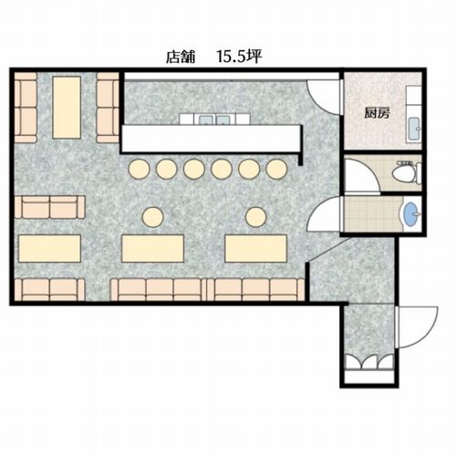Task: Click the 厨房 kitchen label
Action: click(x=377, y=114)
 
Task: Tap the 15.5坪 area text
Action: click(x=239, y=57)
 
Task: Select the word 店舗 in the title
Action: click(x=181, y=57)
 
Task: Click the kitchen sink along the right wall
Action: click(x=414, y=129)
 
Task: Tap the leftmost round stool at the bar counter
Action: click(x=139, y=169)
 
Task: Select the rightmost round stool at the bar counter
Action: click(x=276, y=169)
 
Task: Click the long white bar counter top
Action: click(x=211, y=139)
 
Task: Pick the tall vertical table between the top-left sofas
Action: click(x=67, y=108)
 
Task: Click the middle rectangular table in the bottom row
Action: click(x=152, y=248)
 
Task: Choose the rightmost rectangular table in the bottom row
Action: click(x=256, y=248)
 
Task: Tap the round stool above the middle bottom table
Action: click(x=153, y=217)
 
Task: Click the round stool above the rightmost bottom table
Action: click(x=256, y=217)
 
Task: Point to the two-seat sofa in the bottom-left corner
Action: click(x=50, y=290)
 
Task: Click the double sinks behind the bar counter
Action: click(x=214, y=119)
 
